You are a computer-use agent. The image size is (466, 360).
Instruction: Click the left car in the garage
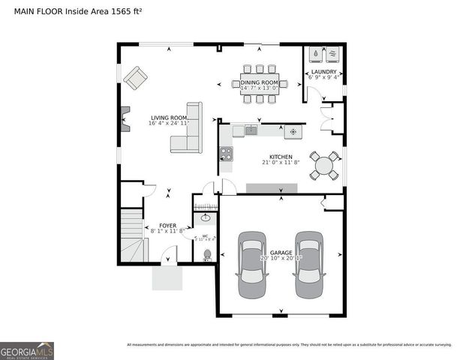pos(251,265)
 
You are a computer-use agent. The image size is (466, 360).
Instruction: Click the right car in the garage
pos(308,265)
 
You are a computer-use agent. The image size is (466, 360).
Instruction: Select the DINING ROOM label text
pos(259,82)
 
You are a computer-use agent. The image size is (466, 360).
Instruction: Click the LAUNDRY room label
pos(324,72)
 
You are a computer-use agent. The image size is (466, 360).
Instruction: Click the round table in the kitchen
pos(326,166)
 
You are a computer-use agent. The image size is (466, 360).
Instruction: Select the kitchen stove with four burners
pos(225,154)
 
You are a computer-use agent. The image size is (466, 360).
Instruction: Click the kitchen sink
pos(250,130)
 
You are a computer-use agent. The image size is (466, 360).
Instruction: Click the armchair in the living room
pos(137,77)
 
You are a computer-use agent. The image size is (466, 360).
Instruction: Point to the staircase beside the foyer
pos(132,235)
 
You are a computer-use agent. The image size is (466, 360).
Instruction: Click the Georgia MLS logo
pos(27,350)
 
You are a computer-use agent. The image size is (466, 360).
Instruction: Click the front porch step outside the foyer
pos(167,277)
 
